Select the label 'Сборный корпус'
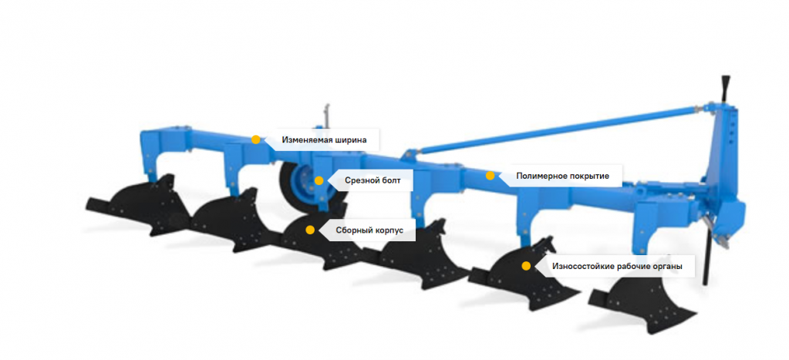[365, 230]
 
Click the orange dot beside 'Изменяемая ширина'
[256, 140]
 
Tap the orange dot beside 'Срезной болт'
[319, 180]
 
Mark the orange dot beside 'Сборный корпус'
[310, 230]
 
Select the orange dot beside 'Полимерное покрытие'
[490, 176]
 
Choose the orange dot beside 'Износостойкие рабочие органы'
[526, 266]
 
